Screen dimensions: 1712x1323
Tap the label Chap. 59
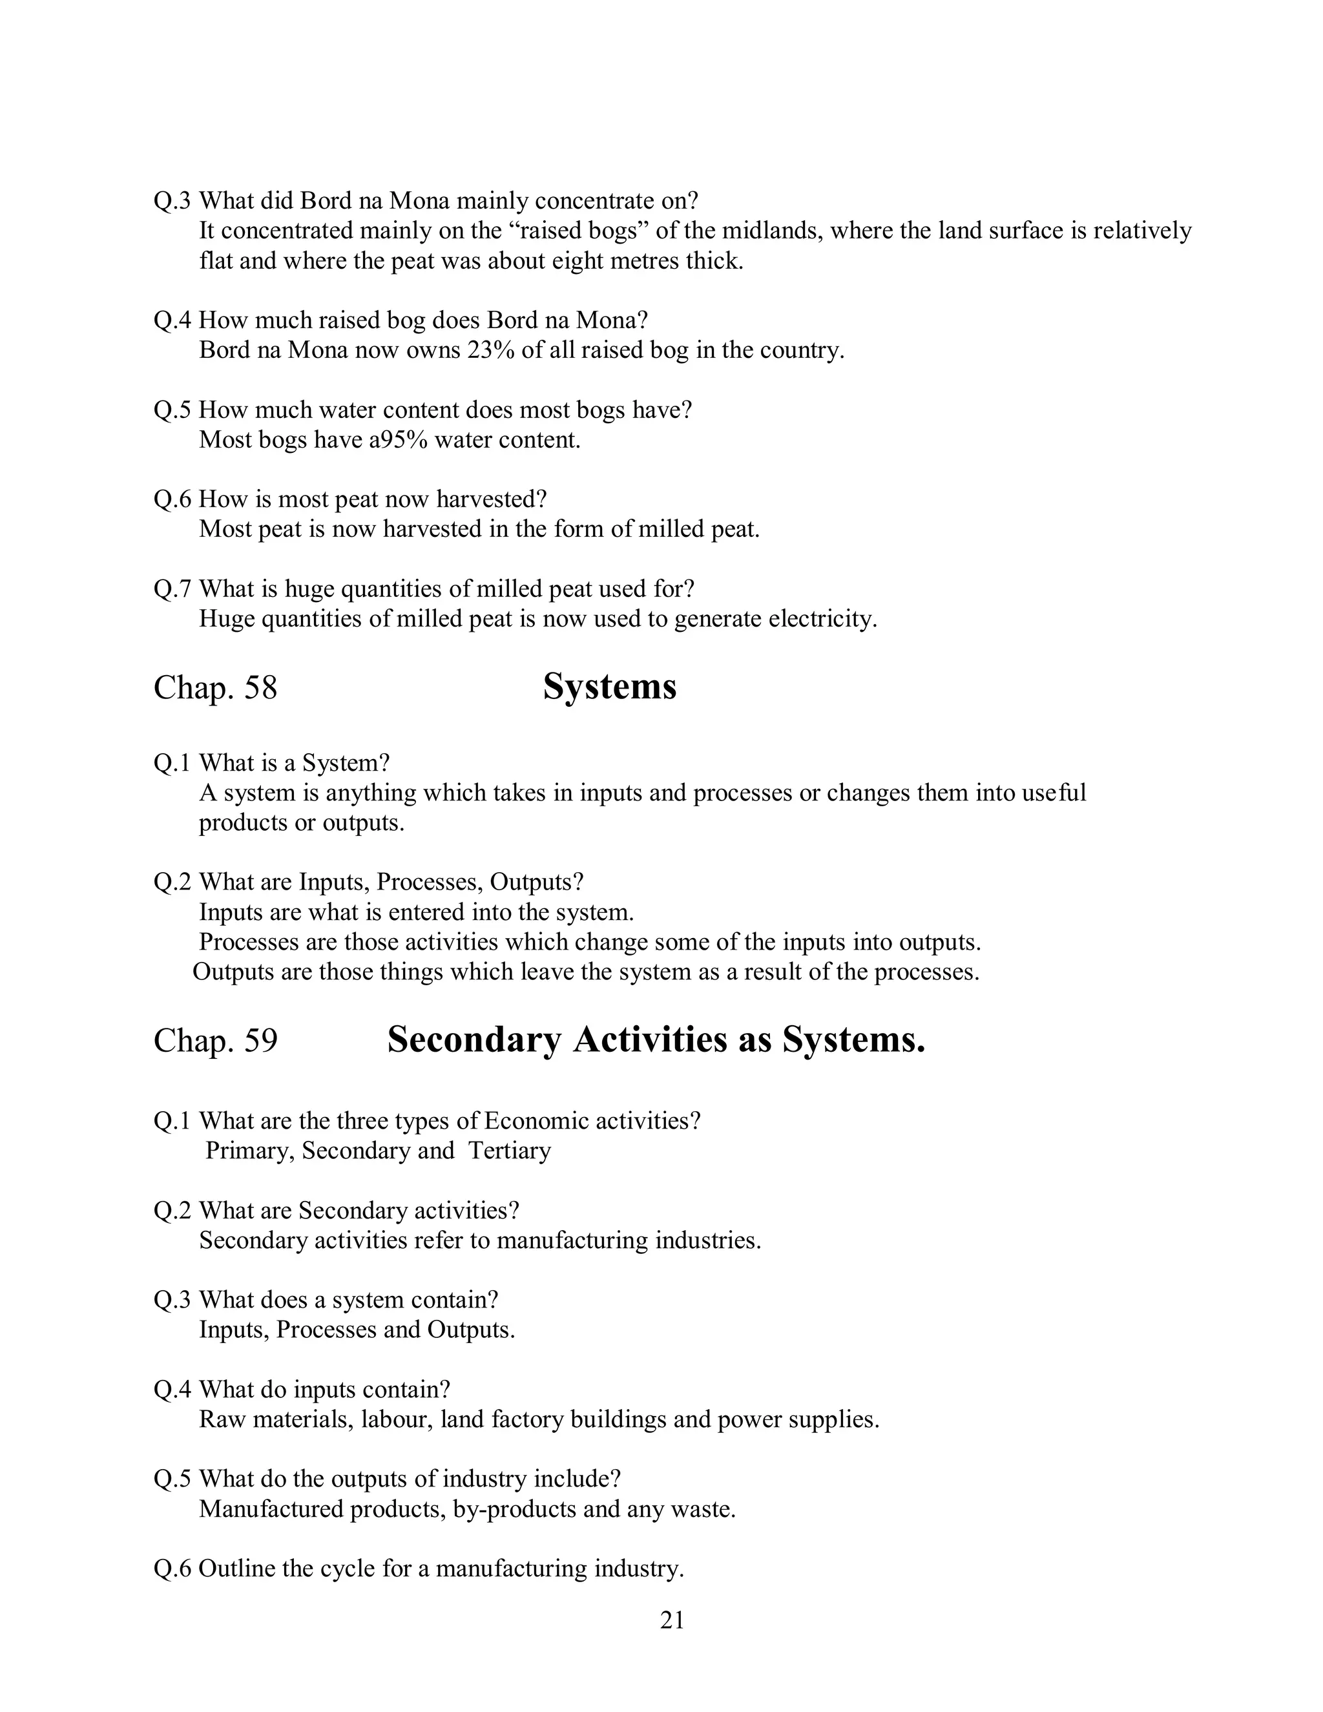[x=216, y=1040]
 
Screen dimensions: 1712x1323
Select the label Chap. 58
[x=216, y=688]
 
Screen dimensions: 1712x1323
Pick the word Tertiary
[x=510, y=1150]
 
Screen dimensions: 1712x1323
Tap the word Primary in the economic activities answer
[x=249, y=1150]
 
